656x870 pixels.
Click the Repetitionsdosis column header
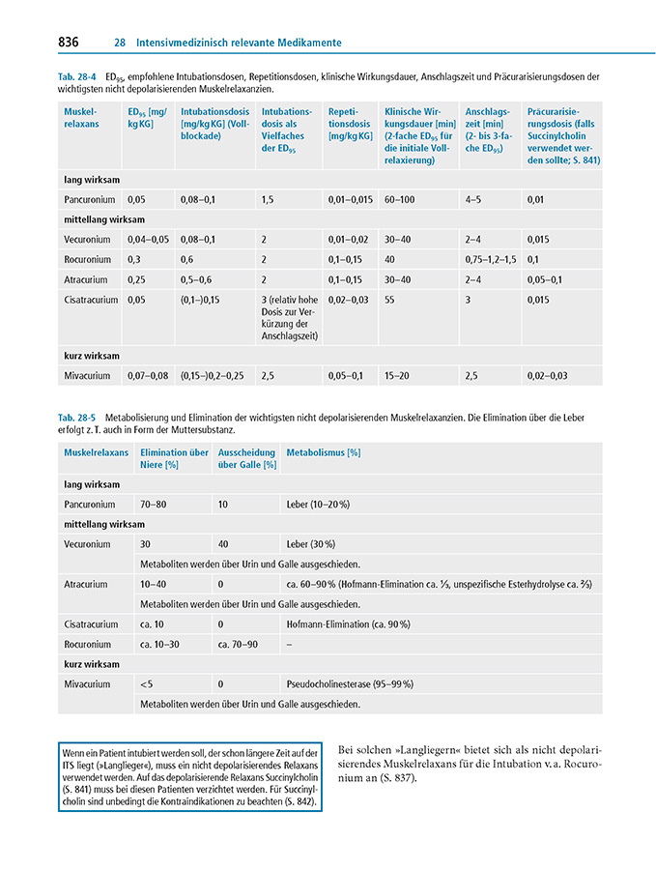349,124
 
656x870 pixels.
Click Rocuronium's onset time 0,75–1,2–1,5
491,259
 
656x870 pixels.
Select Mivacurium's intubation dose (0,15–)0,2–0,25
213,375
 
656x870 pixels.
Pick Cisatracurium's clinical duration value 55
390,300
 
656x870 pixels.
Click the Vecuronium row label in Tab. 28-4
87,239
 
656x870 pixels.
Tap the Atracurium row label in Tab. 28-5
86,584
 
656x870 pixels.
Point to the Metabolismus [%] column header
324,451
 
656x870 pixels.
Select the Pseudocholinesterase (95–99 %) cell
350,683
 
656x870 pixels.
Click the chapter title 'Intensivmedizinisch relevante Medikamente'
239,43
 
